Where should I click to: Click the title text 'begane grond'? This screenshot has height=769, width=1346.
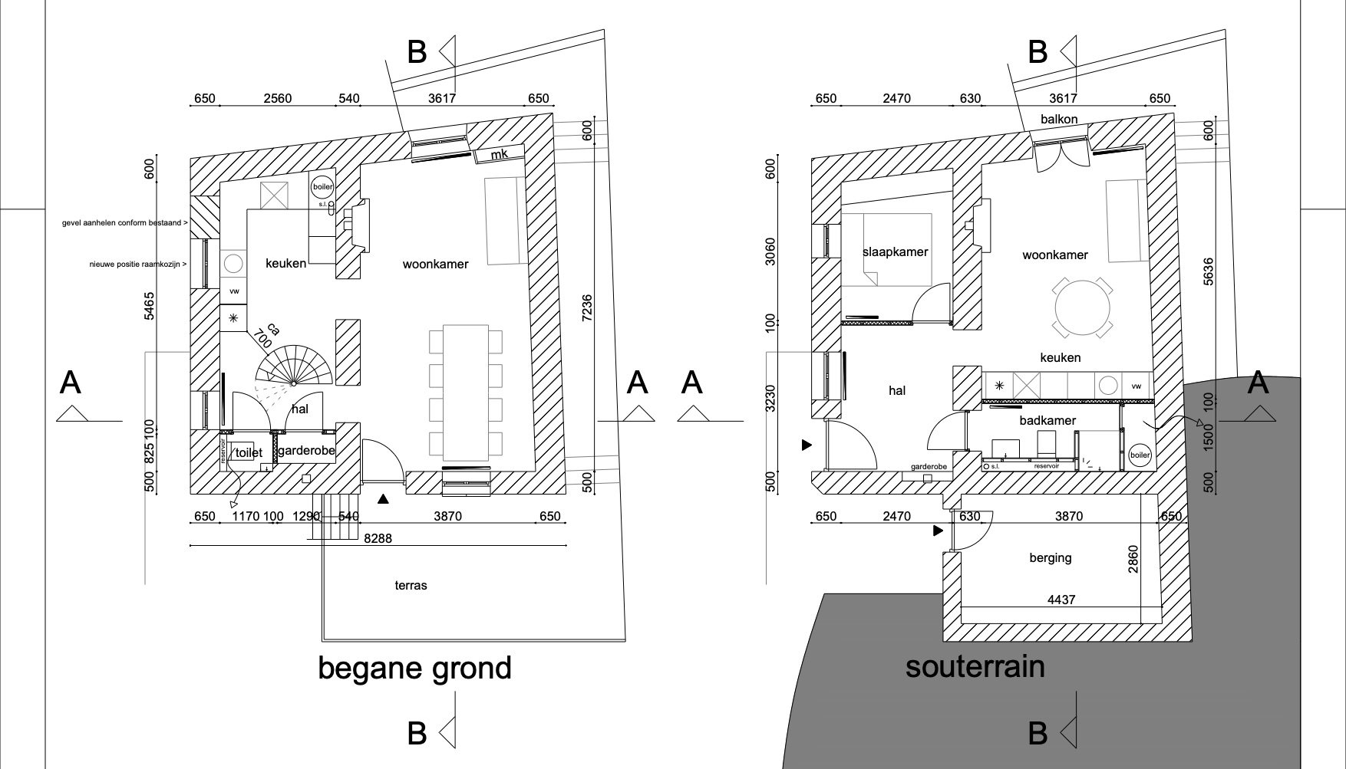[x=414, y=668]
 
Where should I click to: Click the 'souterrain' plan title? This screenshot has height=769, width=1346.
[x=975, y=665]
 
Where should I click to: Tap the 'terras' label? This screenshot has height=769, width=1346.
[x=411, y=585]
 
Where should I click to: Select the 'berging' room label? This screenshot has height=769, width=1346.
[x=1050, y=557]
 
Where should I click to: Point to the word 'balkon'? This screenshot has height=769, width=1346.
[x=1059, y=119]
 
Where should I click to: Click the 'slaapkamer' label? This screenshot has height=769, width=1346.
[x=895, y=251]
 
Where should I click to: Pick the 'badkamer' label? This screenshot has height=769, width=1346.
[x=1047, y=420]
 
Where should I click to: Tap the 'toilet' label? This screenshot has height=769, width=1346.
[x=249, y=452]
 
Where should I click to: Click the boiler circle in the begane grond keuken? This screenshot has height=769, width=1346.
[x=322, y=186]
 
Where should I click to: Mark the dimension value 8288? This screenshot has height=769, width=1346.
[x=378, y=538]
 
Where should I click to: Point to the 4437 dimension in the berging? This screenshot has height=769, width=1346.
[x=1061, y=600]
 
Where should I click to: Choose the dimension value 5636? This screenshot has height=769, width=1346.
[x=1209, y=271]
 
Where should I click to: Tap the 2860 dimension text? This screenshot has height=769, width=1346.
[x=1133, y=559]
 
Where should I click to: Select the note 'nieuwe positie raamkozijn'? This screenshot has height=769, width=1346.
[x=138, y=264]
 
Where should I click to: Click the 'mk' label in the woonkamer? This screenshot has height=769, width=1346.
[x=500, y=154]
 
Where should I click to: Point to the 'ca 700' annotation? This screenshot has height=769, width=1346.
[x=266, y=334]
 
